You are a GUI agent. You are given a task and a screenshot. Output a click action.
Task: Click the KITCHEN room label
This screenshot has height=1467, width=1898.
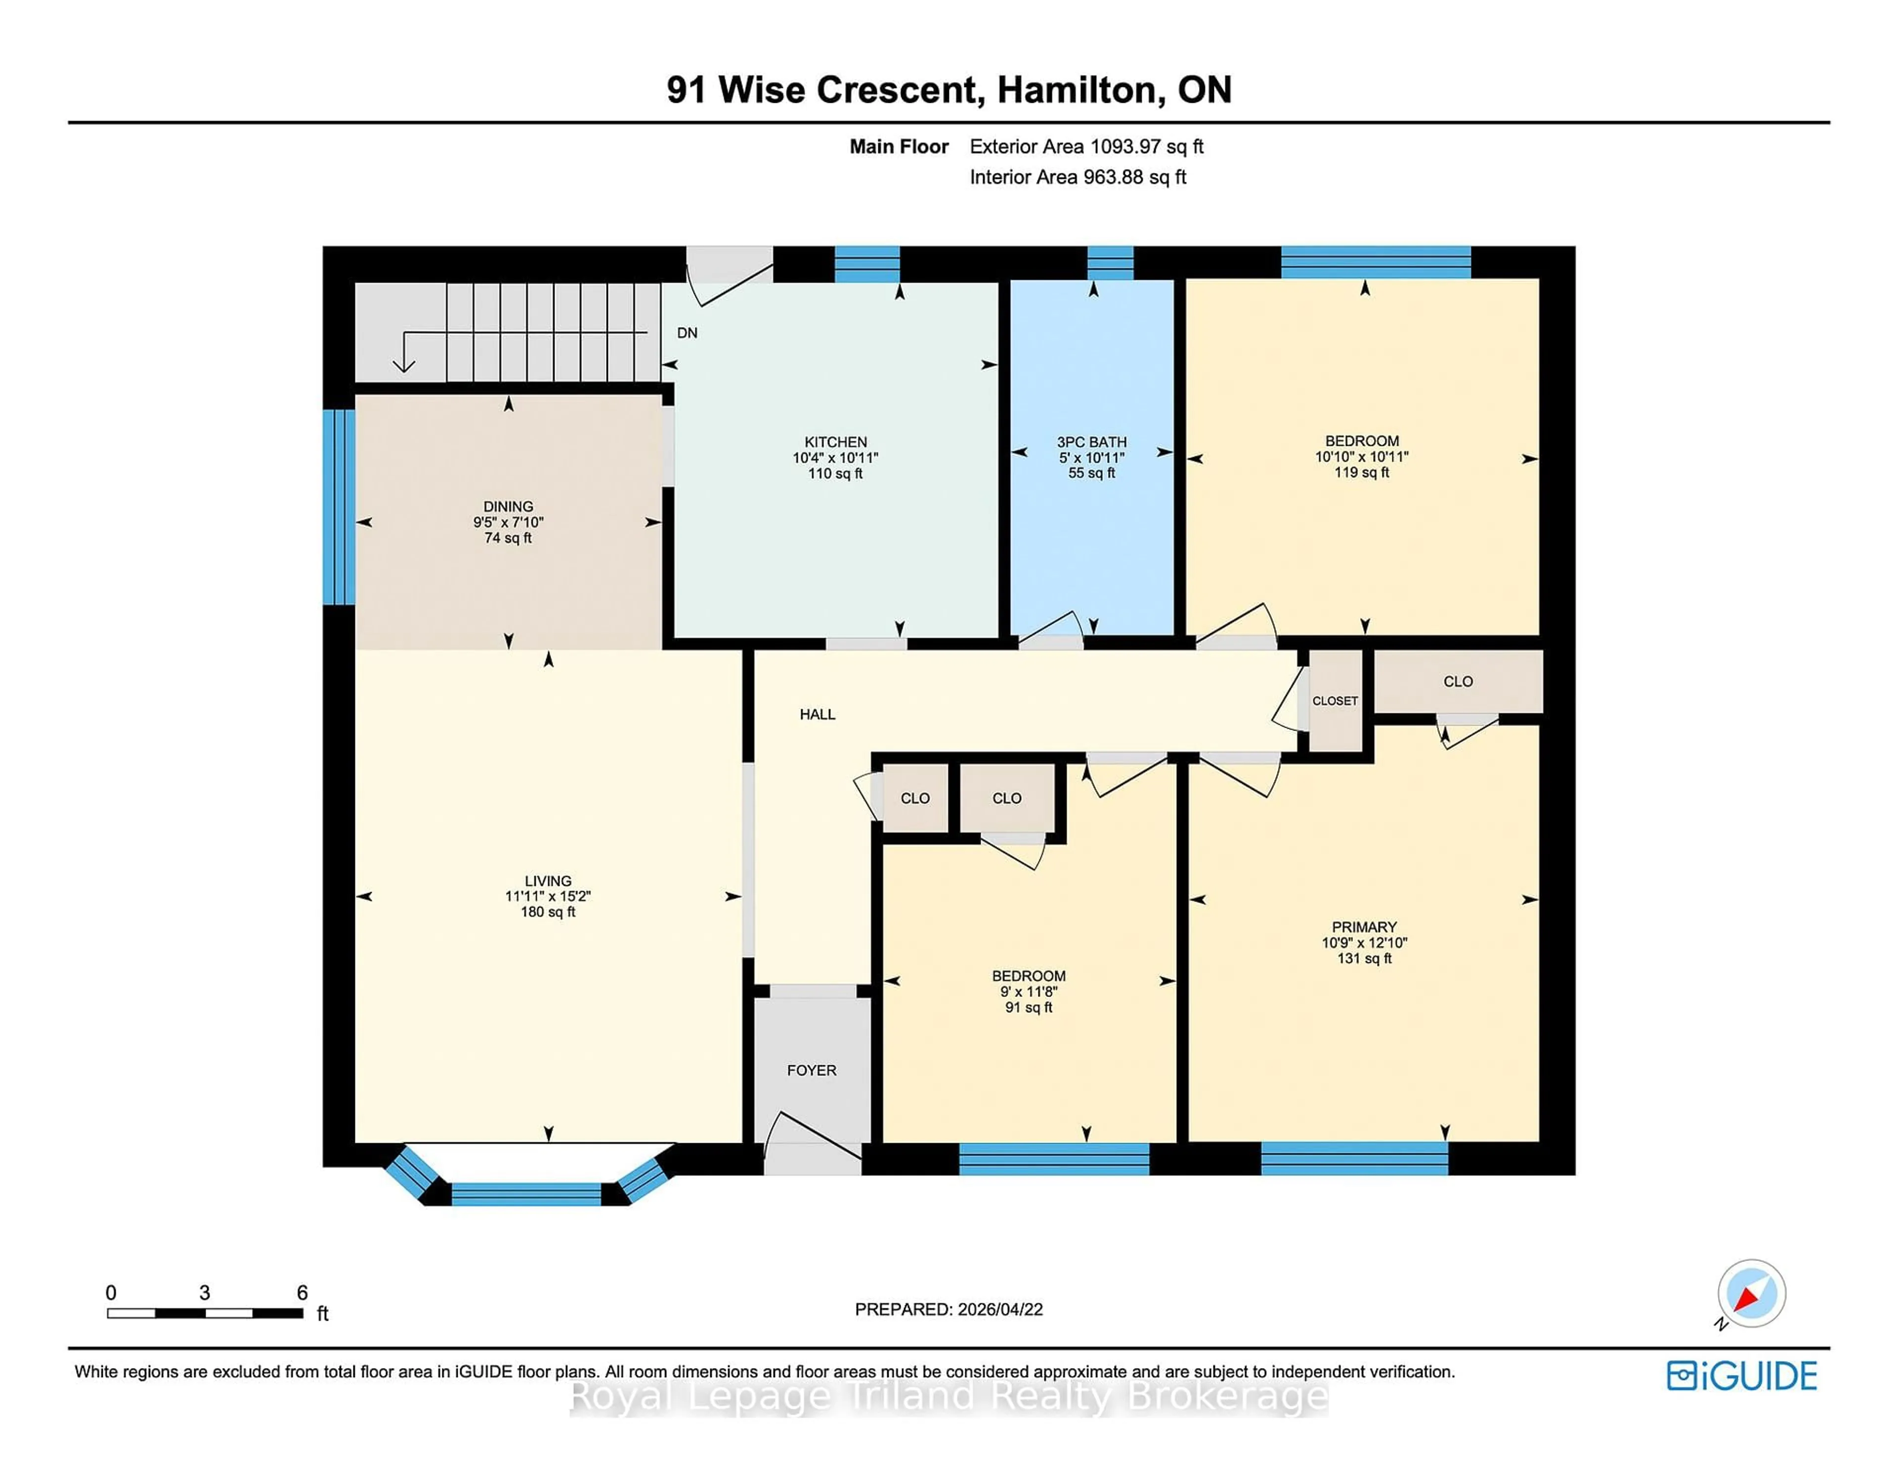(835, 441)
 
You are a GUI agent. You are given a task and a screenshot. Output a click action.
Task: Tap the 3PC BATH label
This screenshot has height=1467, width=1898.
(1091, 441)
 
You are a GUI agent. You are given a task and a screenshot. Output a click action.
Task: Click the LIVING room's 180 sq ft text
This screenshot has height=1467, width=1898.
(548, 911)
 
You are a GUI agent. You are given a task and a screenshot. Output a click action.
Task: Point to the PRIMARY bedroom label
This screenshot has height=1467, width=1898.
(1364, 926)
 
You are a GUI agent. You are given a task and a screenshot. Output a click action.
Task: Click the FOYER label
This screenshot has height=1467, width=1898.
(812, 1070)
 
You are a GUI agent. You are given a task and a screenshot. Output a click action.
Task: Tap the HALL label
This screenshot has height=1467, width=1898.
(817, 714)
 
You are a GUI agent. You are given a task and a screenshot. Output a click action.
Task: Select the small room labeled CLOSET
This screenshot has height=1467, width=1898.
(1335, 700)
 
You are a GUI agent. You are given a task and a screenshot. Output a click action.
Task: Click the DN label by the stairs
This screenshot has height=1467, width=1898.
(687, 333)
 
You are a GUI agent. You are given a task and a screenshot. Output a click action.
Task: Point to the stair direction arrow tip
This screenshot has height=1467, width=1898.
(403, 369)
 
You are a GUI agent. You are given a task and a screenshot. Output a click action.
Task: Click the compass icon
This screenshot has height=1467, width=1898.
(1751, 1293)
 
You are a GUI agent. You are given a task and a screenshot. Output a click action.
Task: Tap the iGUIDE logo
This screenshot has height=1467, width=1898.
(1742, 1376)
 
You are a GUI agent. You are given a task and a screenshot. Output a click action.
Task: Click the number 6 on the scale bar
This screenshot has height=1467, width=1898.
(302, 1293)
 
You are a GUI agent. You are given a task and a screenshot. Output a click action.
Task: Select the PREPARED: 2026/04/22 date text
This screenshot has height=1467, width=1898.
(948, 1309)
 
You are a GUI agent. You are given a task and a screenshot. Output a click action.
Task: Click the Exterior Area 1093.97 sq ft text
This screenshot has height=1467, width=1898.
(1086, 146)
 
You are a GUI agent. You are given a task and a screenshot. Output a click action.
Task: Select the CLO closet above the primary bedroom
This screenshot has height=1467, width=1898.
(1458, 682)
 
